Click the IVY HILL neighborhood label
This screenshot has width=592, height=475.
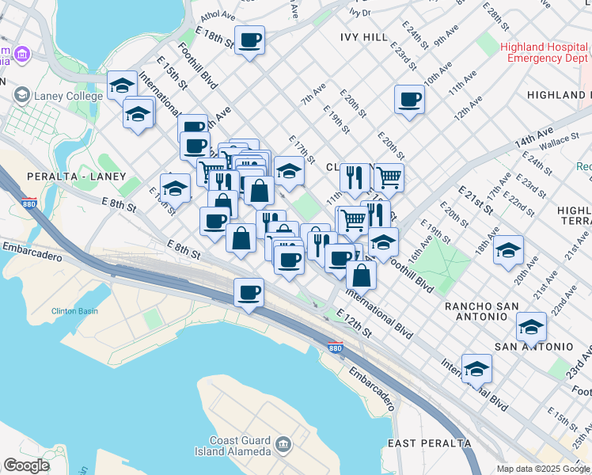point(364,36)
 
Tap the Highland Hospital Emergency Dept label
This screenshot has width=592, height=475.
point(547,52)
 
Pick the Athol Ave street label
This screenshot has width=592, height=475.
point(218,15)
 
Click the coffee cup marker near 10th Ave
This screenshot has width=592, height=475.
point(409,100)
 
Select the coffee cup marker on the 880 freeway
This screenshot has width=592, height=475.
point(249,293)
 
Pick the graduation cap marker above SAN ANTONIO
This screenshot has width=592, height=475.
point(531,326)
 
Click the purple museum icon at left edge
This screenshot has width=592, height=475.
point(21,54)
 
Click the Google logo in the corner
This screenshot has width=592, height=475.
point(27,465)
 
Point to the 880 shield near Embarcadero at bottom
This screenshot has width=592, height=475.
point(335,348)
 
